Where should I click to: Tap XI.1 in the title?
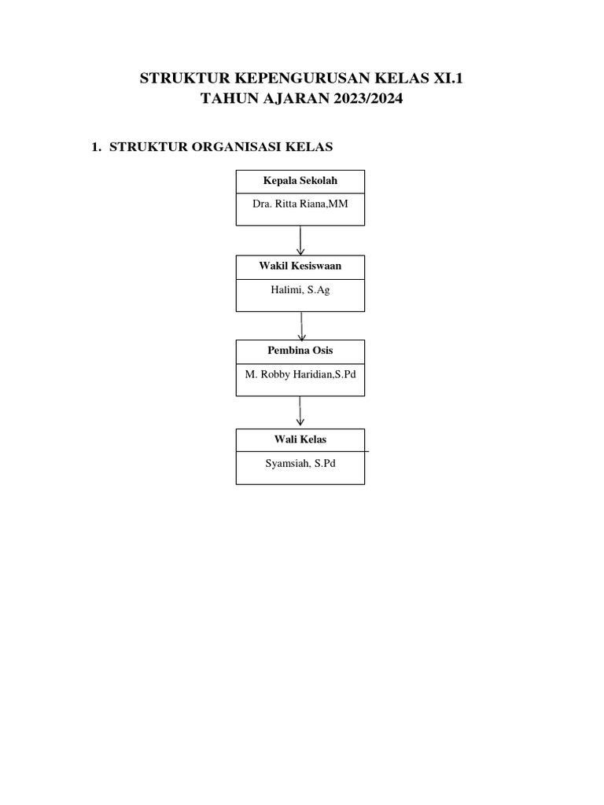pos(447,78)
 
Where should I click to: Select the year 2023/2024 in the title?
pos(368,98)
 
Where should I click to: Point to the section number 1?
pos(95,147)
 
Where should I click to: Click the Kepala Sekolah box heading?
pos(300,181)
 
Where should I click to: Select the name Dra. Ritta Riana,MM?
pos(300,204)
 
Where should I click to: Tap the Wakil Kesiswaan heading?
pos(300,266)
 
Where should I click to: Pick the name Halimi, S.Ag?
pos(300,290)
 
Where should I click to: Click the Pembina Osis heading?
pos(300,351)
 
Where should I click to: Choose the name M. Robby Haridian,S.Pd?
pos(300,374)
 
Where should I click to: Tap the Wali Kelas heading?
pos(300,439)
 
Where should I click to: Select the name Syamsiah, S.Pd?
pos(300,464)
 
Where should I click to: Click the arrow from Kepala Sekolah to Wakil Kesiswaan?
pos(300,241)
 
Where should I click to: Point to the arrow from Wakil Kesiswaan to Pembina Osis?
pos(301,326)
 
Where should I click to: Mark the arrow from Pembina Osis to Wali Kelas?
pos(300,410)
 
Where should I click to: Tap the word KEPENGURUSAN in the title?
pos(302,78)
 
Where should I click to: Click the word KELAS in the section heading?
pos(309,147)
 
